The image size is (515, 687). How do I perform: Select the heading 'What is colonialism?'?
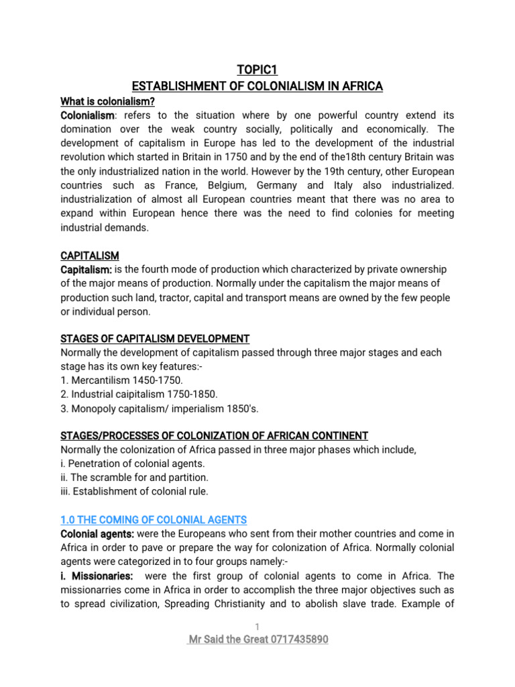coord(108,101)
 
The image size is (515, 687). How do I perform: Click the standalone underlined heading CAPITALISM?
coord(90,256)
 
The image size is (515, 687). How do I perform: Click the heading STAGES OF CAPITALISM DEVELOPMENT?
coord(155,338)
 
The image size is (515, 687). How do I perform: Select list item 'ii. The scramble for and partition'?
coord(134,477)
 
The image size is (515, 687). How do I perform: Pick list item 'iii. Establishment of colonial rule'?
coord(135,491)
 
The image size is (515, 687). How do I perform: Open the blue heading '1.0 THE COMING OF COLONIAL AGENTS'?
coord(154,519)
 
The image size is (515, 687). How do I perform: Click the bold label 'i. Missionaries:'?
coord(97,558)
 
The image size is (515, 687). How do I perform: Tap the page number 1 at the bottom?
coord(257,627)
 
